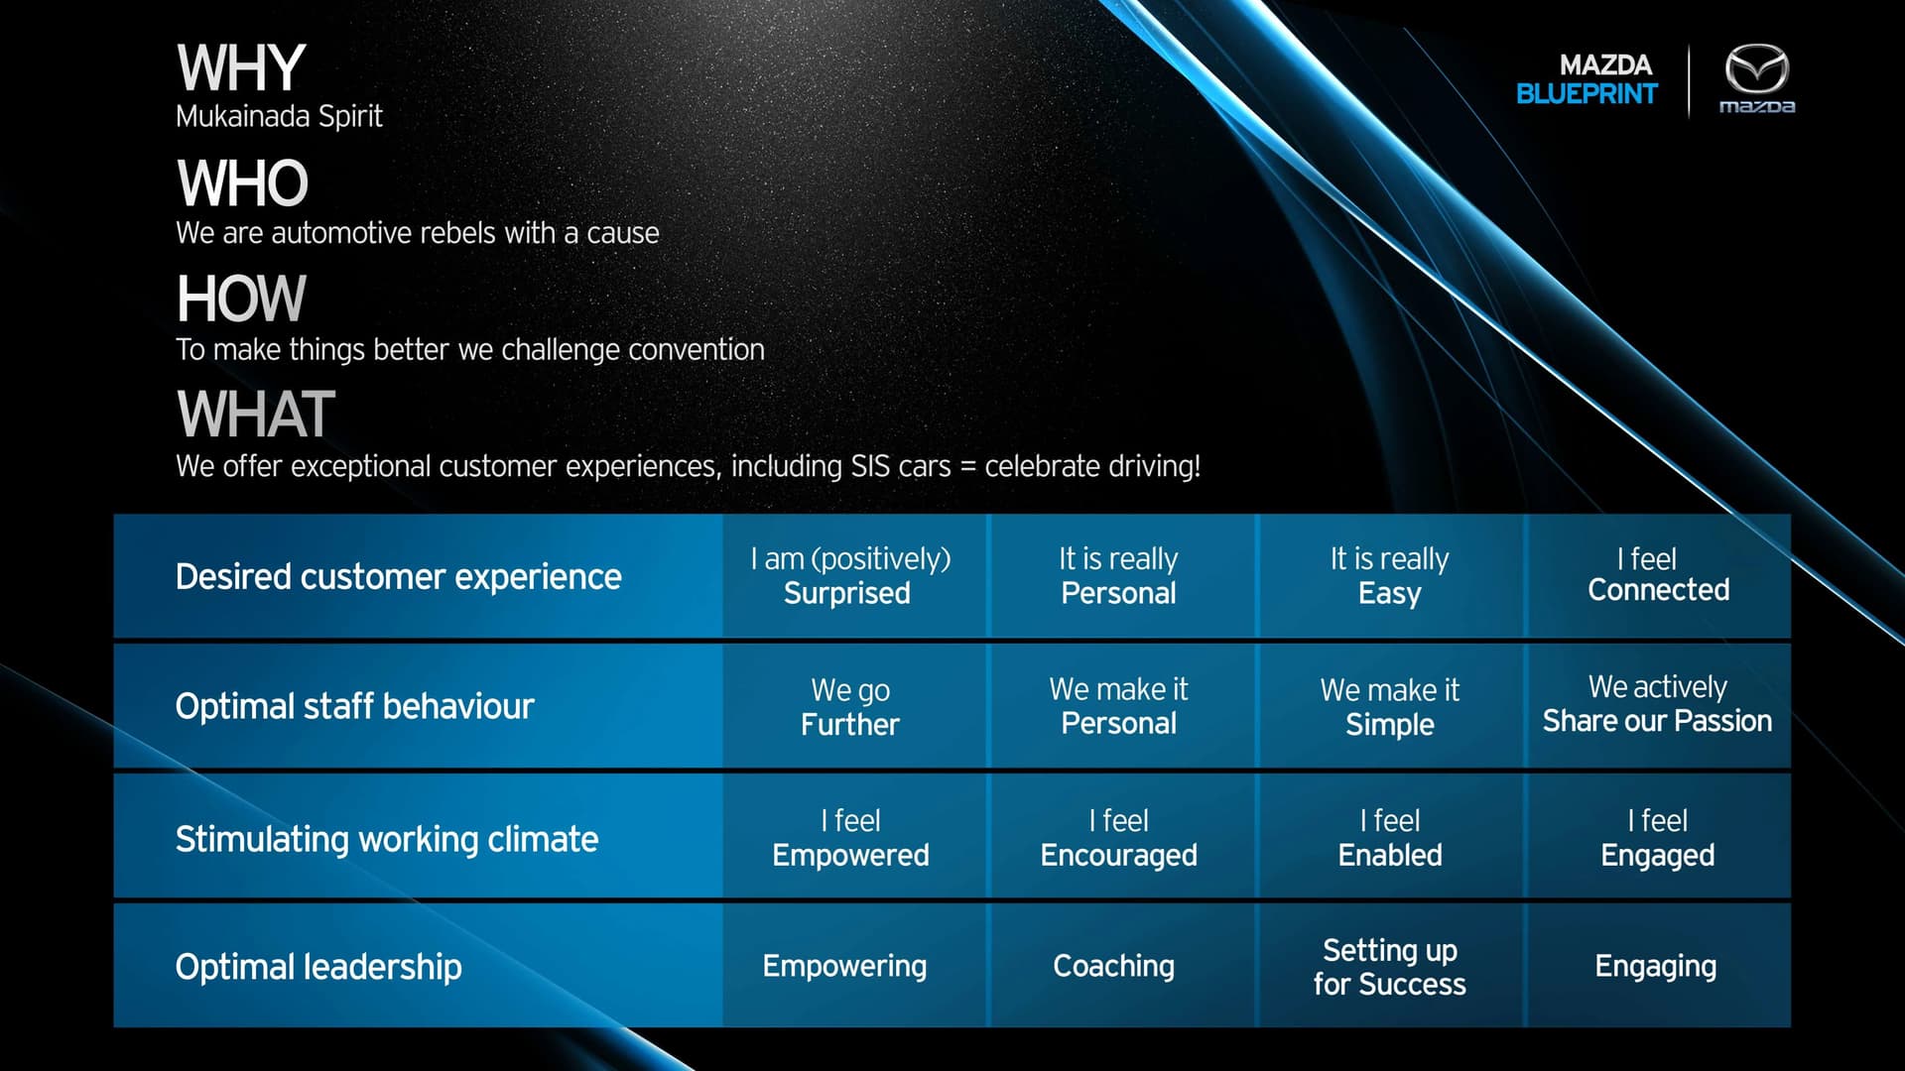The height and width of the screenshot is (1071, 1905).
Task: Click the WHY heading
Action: tap(241, 68)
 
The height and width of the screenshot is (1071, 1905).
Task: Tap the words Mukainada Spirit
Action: tap(279, 117)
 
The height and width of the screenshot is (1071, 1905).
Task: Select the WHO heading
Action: tap(243, 183)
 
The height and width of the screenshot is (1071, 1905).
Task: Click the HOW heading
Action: tap(241, 298)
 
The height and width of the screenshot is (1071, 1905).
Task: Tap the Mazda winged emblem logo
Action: tap(1756, 69)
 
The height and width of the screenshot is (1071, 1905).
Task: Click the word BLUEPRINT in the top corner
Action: tap(1587, 94)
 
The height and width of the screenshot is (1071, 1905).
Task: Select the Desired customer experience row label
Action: tap(399, 577)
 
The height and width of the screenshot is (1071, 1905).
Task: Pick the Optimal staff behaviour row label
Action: tap(355, 707)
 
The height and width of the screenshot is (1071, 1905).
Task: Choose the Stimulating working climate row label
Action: tap(387, 840)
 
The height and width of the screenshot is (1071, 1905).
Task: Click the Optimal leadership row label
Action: tap(318, 967)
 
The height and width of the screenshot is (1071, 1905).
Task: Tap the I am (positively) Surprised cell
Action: tap(850, 576)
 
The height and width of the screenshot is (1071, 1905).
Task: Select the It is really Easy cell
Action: tap(1390, 576)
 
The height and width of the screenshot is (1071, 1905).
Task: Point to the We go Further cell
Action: tap(850, 707)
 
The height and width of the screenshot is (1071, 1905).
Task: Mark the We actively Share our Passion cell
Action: tap(1657, 704)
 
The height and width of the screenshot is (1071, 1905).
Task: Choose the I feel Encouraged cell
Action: tap(1119, 838)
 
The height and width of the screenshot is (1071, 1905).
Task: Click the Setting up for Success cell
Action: tap(1390, 967)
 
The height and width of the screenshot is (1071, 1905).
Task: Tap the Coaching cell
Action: tap(1114, 967)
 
